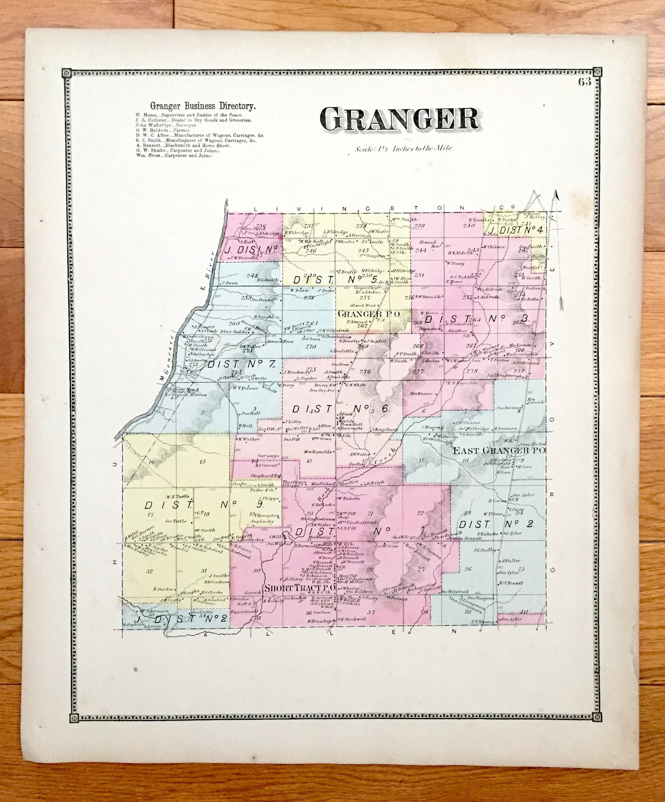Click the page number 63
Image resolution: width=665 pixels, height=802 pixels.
click(x=585, y=82)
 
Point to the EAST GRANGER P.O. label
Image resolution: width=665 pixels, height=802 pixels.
click(x=499, y=451)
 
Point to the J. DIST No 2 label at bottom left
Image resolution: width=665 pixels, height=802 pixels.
click(x=182, y=618)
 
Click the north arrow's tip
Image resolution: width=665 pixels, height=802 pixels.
click(x=557, y=192)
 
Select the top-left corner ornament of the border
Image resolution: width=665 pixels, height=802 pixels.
click(x=67, y=73)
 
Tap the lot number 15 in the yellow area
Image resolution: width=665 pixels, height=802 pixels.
click(x=204, y=462)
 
